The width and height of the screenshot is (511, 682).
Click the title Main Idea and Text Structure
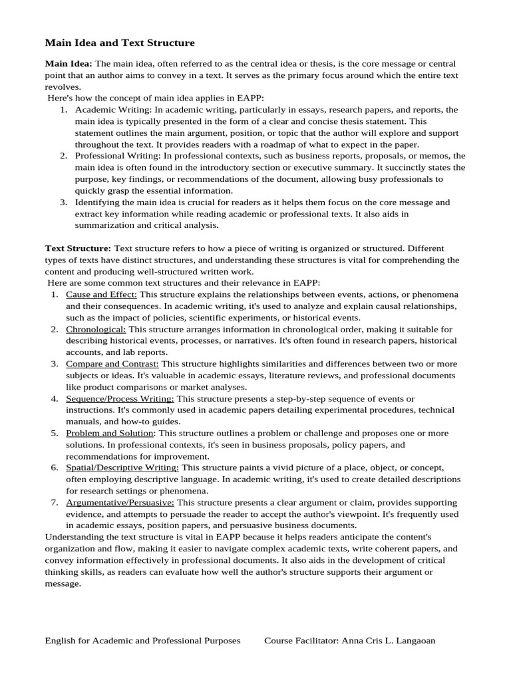point(120,43)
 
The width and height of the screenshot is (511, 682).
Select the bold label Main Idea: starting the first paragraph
point(69,64)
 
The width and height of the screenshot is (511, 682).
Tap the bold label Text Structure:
point(78,248)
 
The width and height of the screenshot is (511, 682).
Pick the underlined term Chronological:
point(96,329)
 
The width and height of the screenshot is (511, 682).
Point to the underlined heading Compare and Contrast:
point(112,364)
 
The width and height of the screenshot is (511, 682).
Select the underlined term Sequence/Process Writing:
point(120,398)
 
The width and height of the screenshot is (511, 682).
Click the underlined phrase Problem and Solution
point(110,433)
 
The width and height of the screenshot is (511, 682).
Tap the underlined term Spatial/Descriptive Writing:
point(122,468)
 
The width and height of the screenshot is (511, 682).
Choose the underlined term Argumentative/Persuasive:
point(120,502)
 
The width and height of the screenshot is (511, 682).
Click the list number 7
point(55,502)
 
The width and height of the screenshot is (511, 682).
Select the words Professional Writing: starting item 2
point(117,156)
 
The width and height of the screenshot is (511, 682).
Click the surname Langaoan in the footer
point(413,641)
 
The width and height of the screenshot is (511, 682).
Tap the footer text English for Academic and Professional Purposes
point(142,641)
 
